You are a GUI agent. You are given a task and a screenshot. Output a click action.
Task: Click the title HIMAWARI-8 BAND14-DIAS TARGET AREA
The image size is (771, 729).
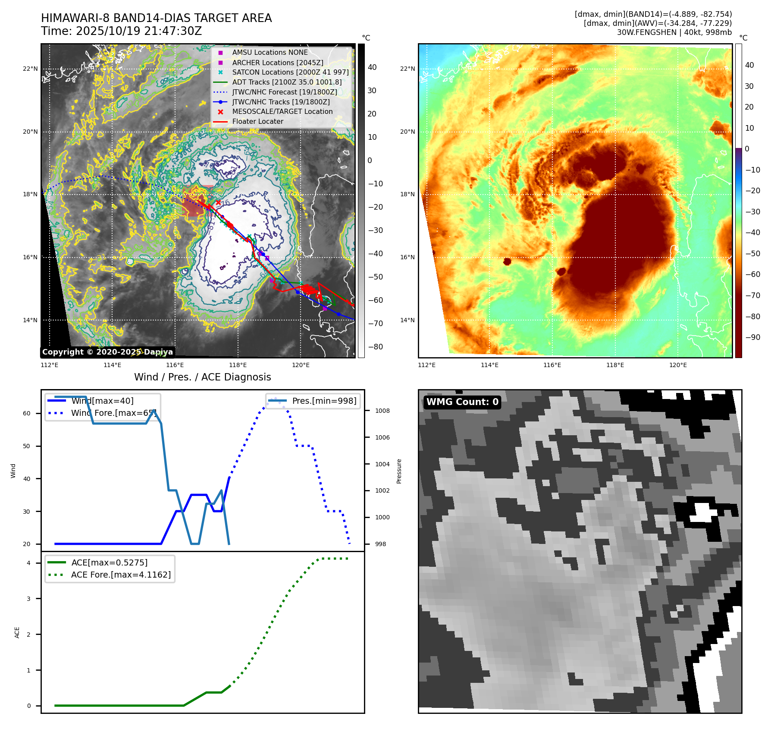(x=156, y=18)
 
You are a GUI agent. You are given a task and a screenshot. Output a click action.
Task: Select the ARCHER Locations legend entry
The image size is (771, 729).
(x=277, y=63)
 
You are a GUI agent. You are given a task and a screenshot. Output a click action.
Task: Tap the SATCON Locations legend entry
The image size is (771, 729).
(x=290, y=72)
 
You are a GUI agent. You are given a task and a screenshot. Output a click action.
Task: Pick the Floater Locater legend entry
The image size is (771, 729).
(x=257, y=122)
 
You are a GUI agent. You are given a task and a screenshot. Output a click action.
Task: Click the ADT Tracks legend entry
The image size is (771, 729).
(x=287, y=82)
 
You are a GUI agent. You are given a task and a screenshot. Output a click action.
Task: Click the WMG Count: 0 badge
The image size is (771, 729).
(x=462, y=402)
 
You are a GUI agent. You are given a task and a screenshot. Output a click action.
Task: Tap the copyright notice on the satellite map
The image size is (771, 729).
(x=107, y=352)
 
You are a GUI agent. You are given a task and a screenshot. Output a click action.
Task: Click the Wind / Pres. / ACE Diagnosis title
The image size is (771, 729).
(x=202, y=377)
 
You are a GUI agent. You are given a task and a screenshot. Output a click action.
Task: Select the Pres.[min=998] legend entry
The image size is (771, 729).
(x=324, y=401)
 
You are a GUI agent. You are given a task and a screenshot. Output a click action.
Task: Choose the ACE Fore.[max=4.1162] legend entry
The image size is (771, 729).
(x=121, y=575)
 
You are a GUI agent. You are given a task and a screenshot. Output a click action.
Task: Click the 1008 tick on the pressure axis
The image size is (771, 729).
(x=382, y=411)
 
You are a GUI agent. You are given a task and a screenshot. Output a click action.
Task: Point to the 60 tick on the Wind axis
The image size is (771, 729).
(x=27, y=413)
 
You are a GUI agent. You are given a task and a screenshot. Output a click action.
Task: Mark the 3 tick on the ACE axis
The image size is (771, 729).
(x=28, y=599)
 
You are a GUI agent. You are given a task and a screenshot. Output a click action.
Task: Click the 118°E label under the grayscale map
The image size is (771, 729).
(x=238, y=365)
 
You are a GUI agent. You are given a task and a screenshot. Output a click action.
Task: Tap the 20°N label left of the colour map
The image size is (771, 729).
(x=407, y=132)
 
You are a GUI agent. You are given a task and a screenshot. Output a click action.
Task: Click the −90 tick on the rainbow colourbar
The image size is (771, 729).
(x=753, y=337)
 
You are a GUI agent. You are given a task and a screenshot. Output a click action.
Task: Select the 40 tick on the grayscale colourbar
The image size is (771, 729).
(x=372, y=67)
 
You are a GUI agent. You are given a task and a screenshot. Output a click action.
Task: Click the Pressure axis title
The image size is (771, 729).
(x=399, y=471)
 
